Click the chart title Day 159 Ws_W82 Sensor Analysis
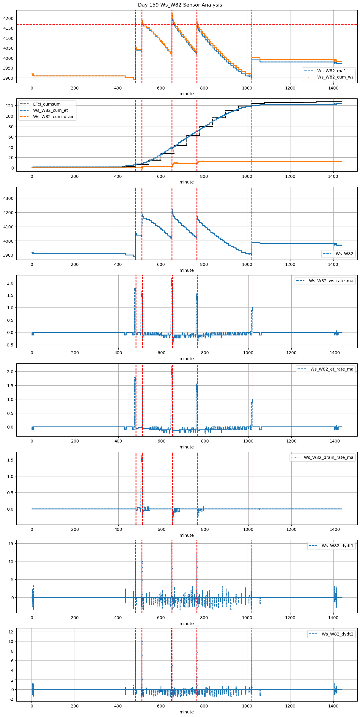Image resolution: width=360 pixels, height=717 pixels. (180, 5)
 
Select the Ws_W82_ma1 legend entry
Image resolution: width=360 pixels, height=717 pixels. (331, 71)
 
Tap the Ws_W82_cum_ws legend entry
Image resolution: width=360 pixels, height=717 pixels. (335, 77)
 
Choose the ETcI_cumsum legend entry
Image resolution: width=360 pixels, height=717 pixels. (47, 104)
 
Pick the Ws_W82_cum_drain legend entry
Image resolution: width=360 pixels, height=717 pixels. (54, 117)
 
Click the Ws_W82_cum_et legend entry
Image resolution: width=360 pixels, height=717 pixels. (50, 110)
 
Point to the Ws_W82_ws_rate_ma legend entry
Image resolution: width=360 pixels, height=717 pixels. (331, 281)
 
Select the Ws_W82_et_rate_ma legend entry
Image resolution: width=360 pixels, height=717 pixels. (332, 369)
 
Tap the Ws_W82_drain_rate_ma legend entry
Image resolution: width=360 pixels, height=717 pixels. (328, 457)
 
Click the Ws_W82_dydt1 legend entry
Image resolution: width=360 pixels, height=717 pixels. (337, 546)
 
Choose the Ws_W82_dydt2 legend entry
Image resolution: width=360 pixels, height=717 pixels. (337, 634)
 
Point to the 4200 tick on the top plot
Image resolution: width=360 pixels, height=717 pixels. (8, 18)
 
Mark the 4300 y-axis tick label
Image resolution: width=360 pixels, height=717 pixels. (8, 198)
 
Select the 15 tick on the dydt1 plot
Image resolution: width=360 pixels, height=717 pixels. (11, 543)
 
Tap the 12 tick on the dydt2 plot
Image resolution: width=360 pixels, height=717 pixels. (11, 632)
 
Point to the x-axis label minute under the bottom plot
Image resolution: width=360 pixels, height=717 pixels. (186, 712)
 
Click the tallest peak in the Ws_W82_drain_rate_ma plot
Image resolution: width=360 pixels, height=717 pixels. (141, 455)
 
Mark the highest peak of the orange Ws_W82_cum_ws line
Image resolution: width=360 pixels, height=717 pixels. (172, 13)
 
